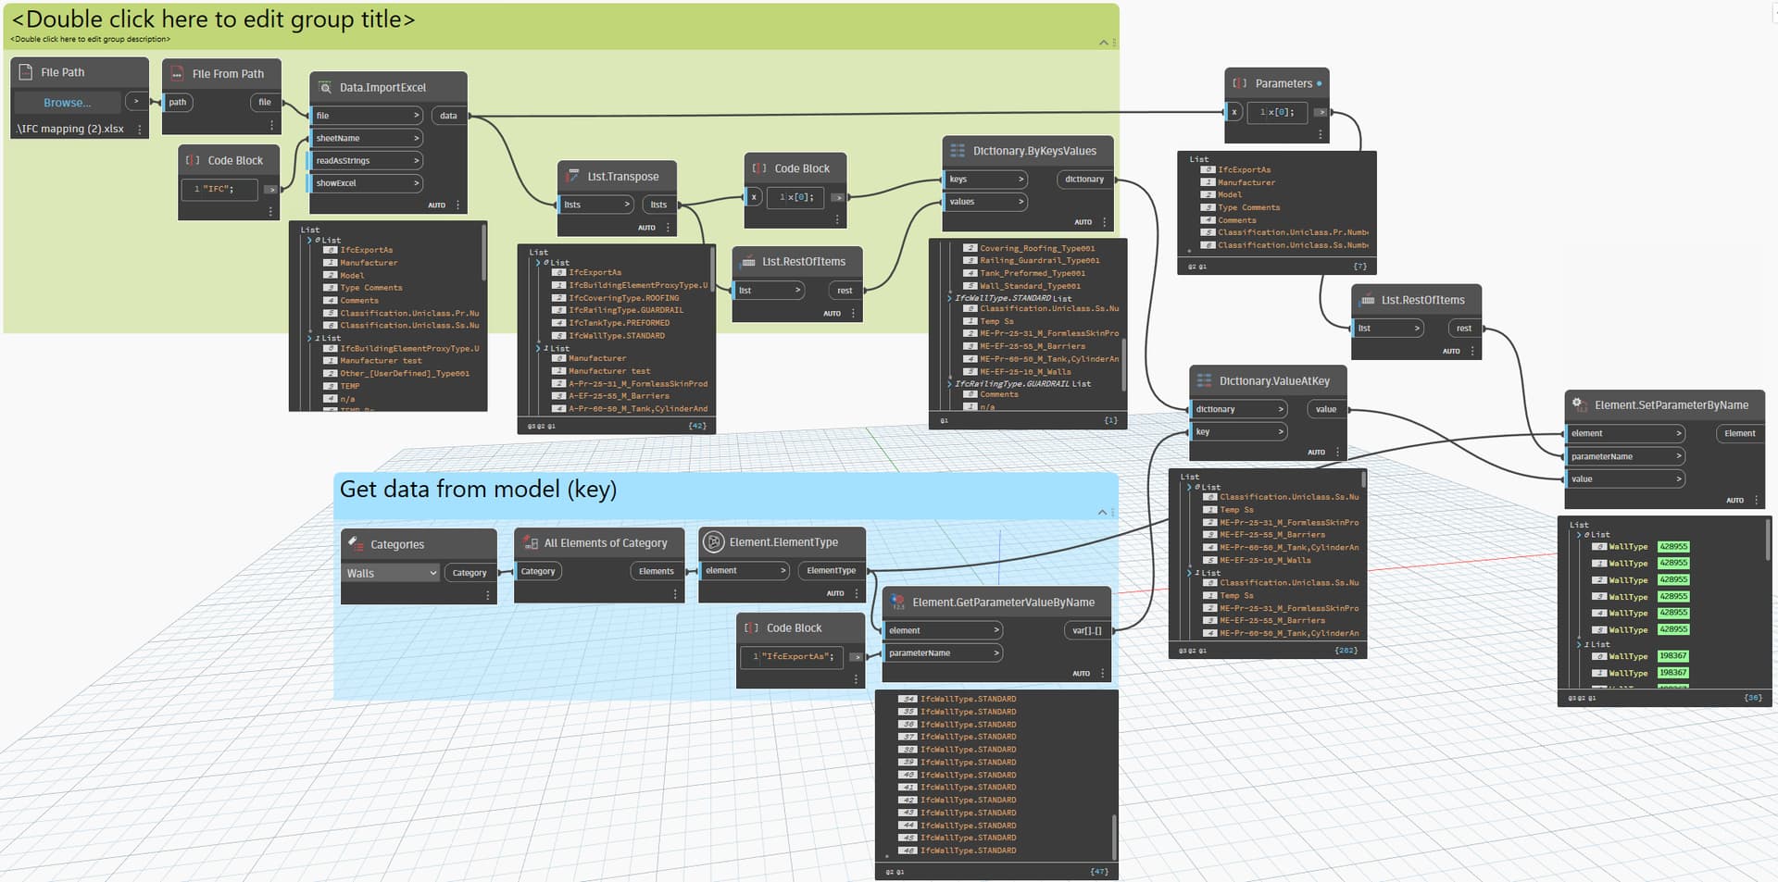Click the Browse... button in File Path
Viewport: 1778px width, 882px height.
pos(67,103)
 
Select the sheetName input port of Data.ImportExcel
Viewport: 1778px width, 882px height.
pos(367,138)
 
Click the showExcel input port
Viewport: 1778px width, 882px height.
pos(367,183)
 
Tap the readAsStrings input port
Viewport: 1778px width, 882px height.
pos(367,161)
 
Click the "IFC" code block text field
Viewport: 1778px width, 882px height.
pos(219,189)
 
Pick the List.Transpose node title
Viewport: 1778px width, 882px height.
pos(622,177)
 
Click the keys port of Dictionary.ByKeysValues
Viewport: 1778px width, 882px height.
pos(986,180)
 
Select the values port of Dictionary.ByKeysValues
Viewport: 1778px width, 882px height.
pos(986,202)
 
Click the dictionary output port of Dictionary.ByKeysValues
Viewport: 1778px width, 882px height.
pos(1084,180)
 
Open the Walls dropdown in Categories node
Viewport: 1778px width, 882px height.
pos(391,574)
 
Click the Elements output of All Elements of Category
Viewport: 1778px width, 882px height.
pos(656,572)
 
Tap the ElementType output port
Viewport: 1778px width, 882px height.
pos(831,571)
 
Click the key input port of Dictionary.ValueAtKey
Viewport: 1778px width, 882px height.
pos(1238,432)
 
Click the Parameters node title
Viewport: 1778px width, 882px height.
pos(1283,83)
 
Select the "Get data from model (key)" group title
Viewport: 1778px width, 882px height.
pos(478,490)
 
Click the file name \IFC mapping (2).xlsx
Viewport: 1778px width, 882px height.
pos(70,130)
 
